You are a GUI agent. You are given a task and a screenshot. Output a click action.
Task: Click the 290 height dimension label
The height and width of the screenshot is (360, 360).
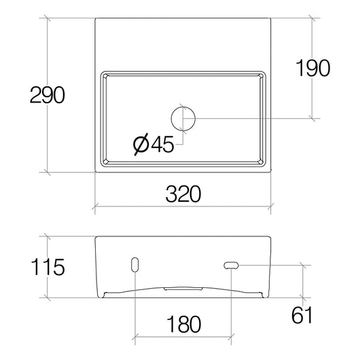(x=47, y=95)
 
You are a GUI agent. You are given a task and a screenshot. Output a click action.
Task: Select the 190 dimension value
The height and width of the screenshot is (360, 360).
(x=312, y=68)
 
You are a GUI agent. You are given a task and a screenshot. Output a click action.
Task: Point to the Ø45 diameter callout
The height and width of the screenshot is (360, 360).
(x=156, y=144)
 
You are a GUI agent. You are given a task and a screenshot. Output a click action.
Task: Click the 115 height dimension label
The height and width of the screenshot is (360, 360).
(x=47, y=268)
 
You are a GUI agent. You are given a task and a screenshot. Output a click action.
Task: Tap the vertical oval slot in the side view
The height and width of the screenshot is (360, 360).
(x=134, y=264)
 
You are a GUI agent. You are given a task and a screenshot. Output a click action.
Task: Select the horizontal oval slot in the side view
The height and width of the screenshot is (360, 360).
(x=232, y=264)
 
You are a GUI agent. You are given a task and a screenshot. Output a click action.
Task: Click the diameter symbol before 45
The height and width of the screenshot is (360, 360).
(x=141, y=144)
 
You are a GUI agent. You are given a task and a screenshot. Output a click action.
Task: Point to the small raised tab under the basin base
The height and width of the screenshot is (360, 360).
(x=183, y=287)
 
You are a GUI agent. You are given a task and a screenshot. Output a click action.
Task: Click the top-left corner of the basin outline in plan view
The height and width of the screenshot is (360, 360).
(x=94, y=18)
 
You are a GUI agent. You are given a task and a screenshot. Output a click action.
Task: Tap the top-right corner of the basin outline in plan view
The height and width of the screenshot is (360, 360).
(x=272, y=18)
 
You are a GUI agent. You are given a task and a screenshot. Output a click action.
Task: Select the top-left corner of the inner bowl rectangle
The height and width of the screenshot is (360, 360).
(x=101, y=71)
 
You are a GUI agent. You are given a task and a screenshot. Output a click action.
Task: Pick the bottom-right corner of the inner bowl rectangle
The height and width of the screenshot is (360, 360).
(x=266, y=167)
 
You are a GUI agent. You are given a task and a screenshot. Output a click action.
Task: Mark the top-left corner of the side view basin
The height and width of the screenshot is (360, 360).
(x=94, y=236)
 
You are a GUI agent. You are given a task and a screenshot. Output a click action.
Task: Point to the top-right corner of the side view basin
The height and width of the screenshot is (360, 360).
(x=272, y=236)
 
